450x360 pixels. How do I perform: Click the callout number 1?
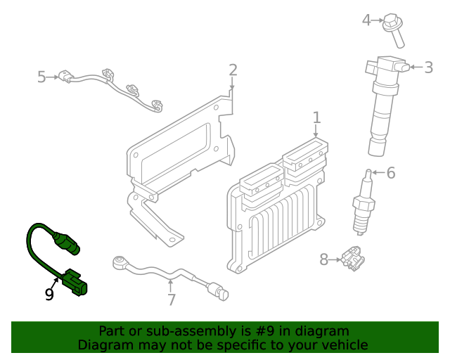click(316, 117)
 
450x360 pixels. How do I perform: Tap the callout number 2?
click(233, 70)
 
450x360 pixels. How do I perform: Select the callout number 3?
click(428, 67)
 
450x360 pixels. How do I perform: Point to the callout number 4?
click(366, 20)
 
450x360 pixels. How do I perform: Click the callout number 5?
click(41, 76)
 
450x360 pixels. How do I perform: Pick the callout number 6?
click(391, 172)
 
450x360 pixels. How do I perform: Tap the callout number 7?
click(171, 300)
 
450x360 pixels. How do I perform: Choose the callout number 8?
click(324, 259)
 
